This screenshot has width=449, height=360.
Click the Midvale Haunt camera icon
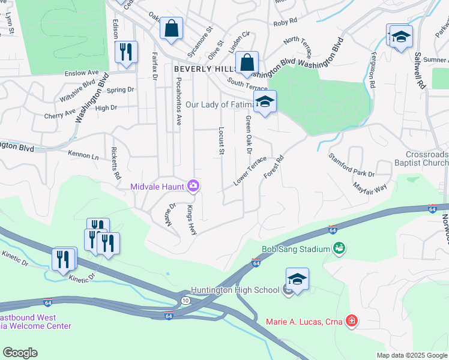coord(193,186)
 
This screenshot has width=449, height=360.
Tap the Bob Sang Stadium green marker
coord(339,248)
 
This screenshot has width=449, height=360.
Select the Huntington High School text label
coord(235,290)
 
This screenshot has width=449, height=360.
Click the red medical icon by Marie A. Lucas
coord(352,321)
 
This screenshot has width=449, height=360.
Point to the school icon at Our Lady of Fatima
coord(265,102)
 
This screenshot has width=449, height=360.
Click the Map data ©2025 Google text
coord(411,355)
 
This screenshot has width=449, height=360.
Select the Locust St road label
coord(221,139)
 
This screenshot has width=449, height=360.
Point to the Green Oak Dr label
coord(248,135)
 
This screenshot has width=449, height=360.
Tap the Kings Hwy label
coord(191,220)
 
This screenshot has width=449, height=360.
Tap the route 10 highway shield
coord(185,300)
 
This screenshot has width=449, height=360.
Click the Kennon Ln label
coord(83,155)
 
